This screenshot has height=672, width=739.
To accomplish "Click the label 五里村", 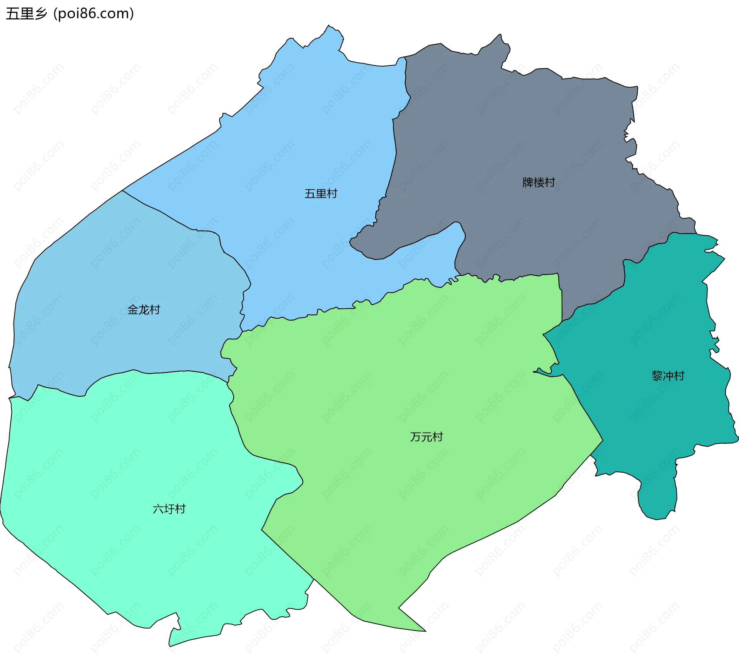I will (321, 194).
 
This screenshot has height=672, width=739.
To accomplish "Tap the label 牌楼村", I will (538, 182).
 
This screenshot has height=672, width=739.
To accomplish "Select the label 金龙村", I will (144, 310).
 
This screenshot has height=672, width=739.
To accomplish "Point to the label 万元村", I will (426, 437).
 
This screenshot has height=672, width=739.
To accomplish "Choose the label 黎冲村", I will (668, 376).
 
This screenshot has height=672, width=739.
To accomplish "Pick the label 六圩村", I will (169, 509).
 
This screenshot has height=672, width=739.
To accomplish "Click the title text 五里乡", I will (26, 14).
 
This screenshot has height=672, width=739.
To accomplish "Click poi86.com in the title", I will (94, 14).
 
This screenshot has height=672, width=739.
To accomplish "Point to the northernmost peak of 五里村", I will (329, 27).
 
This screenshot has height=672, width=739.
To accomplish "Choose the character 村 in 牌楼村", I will (550, 182).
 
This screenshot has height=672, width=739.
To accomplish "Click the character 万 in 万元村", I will (416, 437).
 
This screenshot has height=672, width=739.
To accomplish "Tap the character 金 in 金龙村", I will (133, 310).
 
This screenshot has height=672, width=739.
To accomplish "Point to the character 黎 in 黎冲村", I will (657, 376).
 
